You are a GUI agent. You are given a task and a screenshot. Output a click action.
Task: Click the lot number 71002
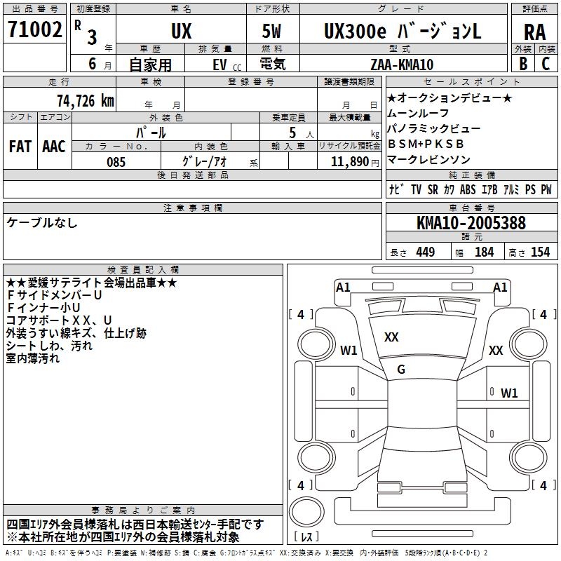(x=34, y=30)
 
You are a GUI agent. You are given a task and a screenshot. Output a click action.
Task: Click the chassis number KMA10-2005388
(x=471, y=223)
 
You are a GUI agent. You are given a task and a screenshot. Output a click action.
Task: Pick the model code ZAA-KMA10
(x=402, y=64)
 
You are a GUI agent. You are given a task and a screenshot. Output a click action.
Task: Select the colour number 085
(x=116, y=162)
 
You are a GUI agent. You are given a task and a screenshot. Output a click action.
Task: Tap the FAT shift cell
(x=20, y=147)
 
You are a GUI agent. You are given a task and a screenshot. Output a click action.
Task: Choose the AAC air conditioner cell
(x=54, y=147)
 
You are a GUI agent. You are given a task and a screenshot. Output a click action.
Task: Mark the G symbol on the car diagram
(x=401, y=370)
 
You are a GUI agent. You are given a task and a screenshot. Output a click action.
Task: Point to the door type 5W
(x=273, y=31)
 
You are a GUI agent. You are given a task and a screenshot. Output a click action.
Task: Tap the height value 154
(x=540, y=252)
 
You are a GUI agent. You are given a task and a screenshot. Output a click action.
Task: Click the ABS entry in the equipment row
(x=468, y=190)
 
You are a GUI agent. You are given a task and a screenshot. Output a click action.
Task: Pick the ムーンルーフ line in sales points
(x=418, y=114)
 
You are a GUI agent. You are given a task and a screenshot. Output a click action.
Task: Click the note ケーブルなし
(x=42, y=223)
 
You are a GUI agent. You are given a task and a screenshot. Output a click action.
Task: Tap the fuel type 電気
(x=272, y=64)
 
